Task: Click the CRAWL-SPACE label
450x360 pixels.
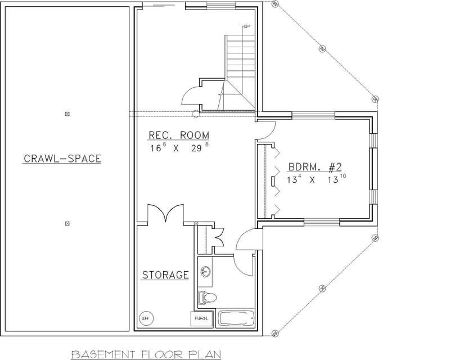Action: point(62,159)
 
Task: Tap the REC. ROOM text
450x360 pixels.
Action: point(178,136)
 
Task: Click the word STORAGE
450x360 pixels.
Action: point(165,275)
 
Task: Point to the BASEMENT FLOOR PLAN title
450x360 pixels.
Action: point(147,354)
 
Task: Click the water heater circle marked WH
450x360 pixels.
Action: point(145,318)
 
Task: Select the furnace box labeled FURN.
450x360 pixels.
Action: point(201,318)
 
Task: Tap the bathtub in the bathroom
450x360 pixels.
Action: point(235,318)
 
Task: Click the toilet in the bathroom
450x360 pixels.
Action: point(206,296)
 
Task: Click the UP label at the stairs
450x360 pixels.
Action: point(246,26)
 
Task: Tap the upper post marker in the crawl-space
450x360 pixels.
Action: point(67,114)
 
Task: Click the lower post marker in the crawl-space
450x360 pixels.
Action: point(67,223)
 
